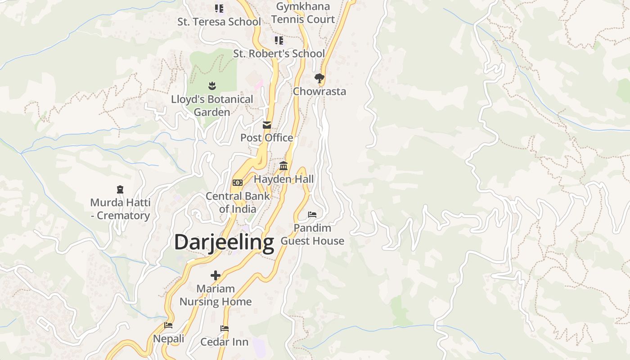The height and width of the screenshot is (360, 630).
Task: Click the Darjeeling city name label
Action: coord(224,242)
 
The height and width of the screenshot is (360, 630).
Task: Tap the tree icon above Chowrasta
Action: coord(319,79)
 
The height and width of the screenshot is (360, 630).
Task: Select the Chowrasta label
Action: coord(319,91)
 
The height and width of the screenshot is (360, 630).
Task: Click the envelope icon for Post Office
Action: coord(267,125)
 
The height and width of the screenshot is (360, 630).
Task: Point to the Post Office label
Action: coord(266,138)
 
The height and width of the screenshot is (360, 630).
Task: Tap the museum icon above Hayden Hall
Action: coord(283,166)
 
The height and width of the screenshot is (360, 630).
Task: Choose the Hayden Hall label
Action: coord(283,179)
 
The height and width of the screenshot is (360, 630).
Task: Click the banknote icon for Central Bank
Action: coord(238,183)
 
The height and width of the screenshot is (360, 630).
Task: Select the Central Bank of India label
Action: coord(238,202)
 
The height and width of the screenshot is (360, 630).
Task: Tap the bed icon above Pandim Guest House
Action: coord(312,215)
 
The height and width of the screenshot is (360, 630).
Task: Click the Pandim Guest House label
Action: coord(312,234)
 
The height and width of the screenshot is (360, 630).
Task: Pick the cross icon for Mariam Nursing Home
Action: coord(216,275)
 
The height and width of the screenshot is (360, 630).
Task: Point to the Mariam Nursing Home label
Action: coord(216,295)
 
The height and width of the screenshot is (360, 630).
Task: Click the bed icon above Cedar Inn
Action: coord(225,329)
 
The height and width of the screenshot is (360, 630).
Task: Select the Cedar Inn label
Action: coord(224,342)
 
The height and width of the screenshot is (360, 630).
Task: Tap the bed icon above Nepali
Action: coord(168,325)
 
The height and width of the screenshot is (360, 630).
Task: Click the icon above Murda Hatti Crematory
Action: coord(120,189)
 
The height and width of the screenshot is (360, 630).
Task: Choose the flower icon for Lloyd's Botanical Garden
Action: coord(212,85)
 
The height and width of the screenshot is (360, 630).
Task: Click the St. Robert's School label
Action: coord(279,54)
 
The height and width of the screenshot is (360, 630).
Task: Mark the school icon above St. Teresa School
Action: coord(219,9)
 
